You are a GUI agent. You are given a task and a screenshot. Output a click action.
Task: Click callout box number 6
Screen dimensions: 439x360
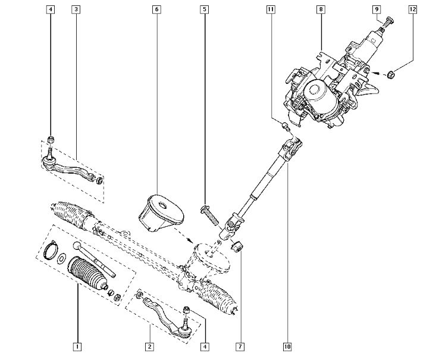point(156,10)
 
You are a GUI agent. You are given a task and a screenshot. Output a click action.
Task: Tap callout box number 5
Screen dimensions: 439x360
point(205,10)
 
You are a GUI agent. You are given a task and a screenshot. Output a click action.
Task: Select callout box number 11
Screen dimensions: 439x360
point(271,10)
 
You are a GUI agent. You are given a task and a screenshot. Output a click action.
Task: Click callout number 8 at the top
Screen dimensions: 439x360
point(321,10)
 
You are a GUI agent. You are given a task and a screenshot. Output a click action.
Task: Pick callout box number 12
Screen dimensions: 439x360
point(413,10)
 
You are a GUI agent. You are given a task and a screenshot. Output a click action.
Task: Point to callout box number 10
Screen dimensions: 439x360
point(287,347)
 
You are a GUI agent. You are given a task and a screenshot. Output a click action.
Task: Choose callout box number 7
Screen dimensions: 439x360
point(240,347)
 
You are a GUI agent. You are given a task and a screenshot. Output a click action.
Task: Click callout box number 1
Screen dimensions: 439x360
point(77,347)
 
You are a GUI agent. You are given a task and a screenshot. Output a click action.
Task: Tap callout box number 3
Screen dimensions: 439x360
point(76,10)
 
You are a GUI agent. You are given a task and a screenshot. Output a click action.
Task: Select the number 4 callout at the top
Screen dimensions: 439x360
point(51,10)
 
